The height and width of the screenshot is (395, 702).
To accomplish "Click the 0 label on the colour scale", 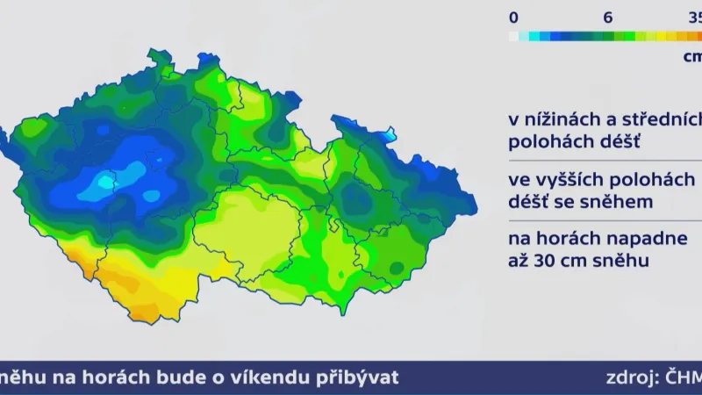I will (x=513, y=17).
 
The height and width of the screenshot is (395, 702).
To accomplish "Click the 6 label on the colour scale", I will (x=606, y=17).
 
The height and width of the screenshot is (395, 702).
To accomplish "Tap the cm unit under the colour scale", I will (x=691, y=55).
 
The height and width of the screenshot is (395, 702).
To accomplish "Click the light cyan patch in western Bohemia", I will (x=104, y=183).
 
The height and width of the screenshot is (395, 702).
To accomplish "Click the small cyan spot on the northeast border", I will (x=389, y=136).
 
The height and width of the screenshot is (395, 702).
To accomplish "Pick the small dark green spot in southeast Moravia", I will (x=397, y=267).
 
